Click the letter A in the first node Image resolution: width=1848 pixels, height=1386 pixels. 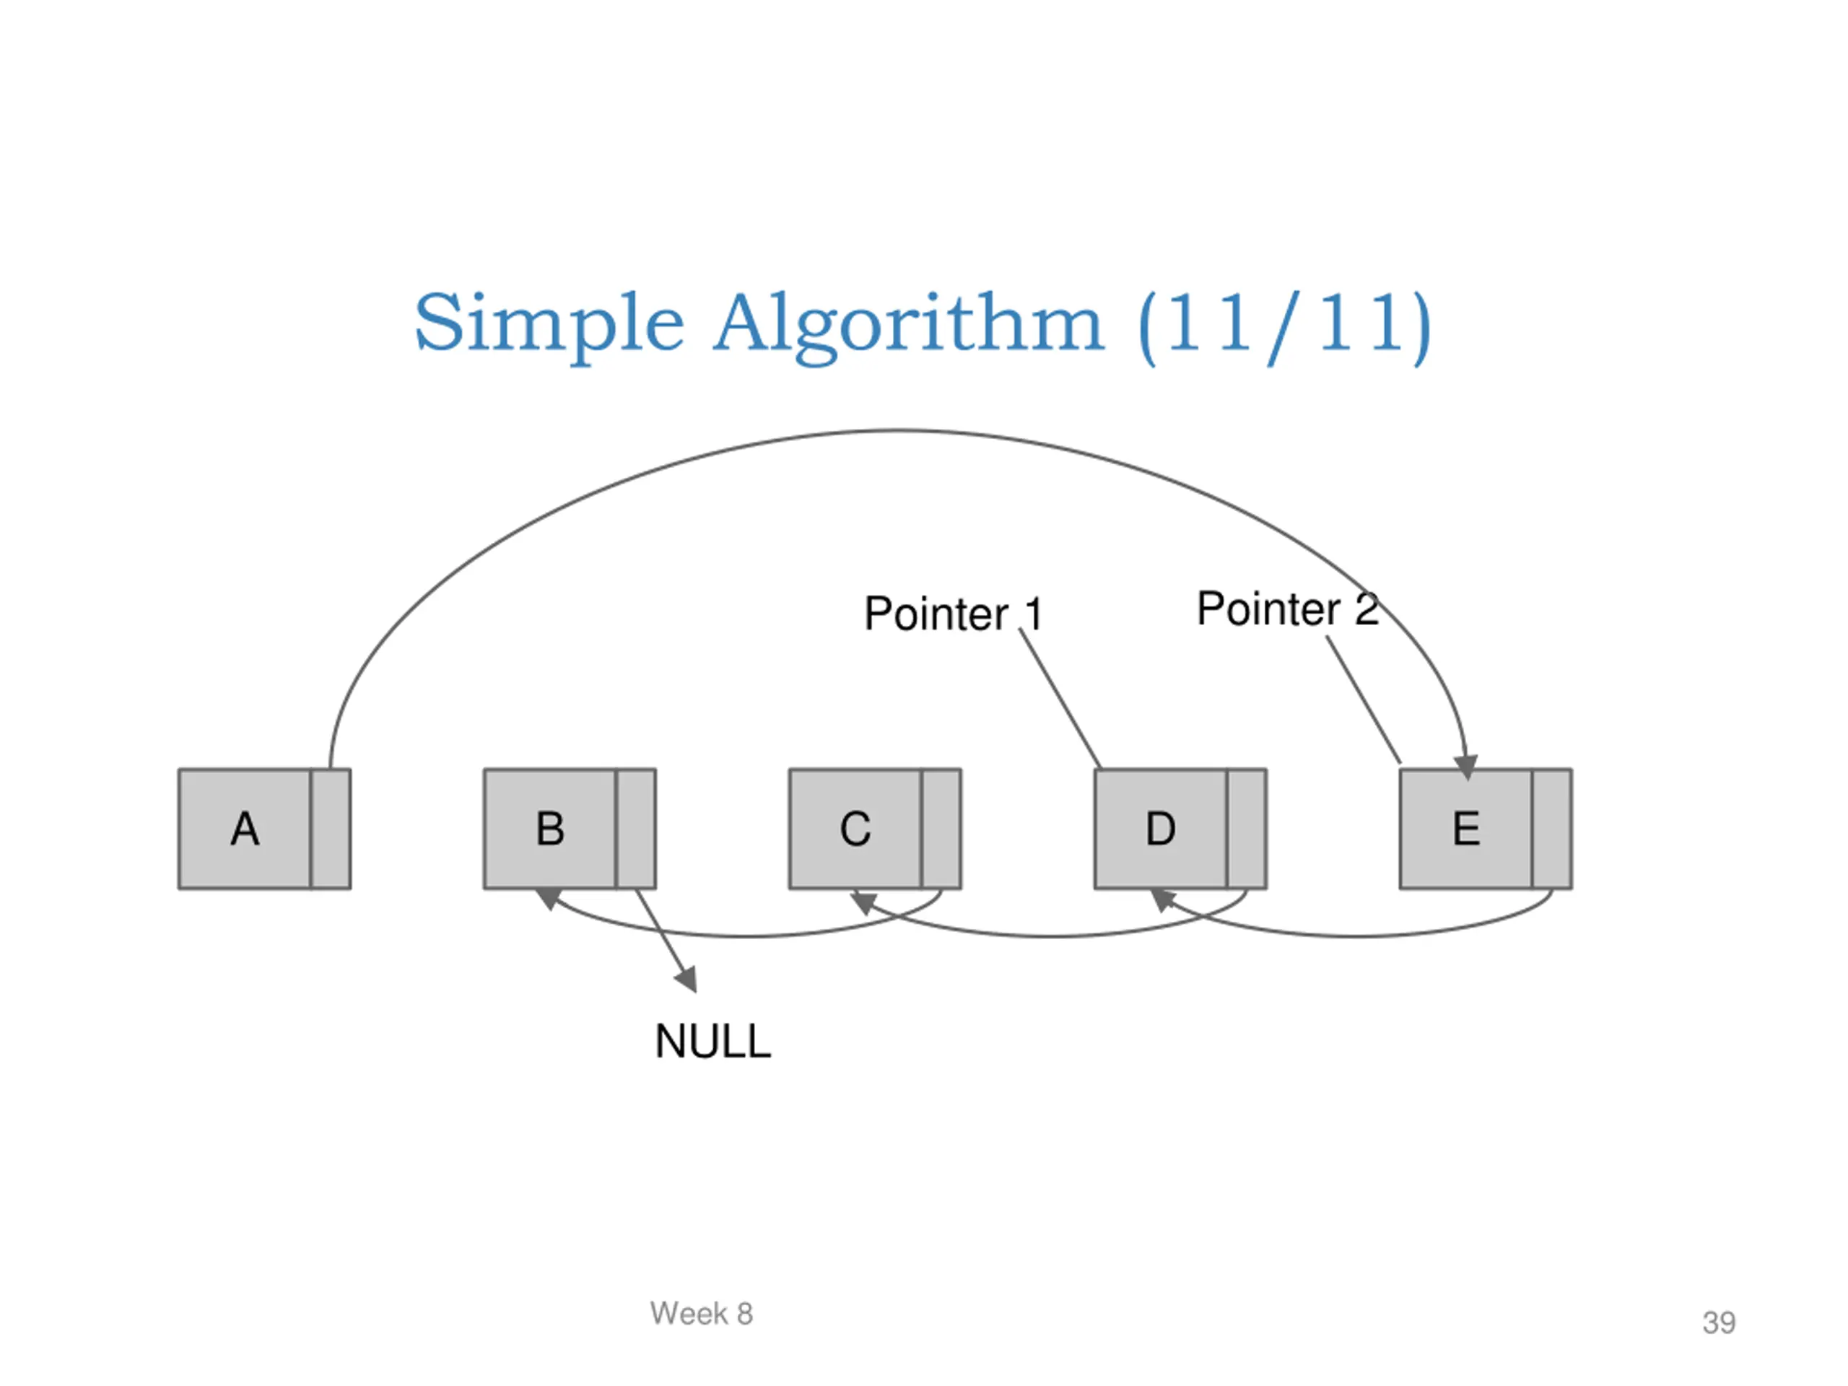click(245, 829)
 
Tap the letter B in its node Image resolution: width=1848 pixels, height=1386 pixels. click(551, 829)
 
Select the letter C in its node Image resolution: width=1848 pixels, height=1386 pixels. click(855, 829)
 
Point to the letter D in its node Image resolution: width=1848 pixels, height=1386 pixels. click(1161, 829)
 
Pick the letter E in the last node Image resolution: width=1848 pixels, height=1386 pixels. click(1466, 829)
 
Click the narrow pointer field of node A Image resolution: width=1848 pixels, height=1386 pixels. click(330, 829)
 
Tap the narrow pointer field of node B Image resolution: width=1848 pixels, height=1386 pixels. click(636, 829)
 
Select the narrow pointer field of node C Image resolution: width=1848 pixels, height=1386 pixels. click(941, 829)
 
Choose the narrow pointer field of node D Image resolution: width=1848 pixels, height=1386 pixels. click(1247, 829)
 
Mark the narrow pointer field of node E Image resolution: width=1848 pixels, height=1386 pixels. click(1551, 829)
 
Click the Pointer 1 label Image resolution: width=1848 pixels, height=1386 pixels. click(954, 614)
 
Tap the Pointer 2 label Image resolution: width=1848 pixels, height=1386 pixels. click(1287, 609)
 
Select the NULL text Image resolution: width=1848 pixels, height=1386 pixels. click(712, 1041)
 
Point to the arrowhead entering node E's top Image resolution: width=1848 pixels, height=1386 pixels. click(1466, 767)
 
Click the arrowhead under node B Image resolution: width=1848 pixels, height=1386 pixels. click(548, 898)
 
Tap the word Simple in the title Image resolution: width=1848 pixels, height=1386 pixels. click(550, 324)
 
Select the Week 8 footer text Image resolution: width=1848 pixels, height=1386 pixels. click(702, 1313)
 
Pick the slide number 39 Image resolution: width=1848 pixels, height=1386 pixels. click(1720, 1322)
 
